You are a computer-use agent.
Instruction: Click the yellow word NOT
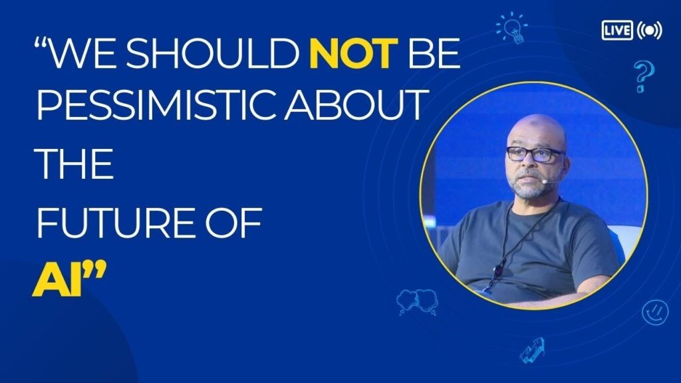point(354,53)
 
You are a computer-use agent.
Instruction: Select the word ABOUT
point(354,104)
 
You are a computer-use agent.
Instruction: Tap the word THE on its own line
point(74,164)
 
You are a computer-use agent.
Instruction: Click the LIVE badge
point(617,30)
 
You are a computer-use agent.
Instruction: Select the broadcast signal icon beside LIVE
point(649,30)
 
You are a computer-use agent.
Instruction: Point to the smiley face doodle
point(655,312)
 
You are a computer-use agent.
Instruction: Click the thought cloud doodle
point(417,301)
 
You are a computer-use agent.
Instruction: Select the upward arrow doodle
point(533,350)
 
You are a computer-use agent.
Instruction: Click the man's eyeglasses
point(535,154)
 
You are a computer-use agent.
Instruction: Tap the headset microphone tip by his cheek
point(545,181)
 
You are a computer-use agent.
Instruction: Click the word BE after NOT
point(434,53)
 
